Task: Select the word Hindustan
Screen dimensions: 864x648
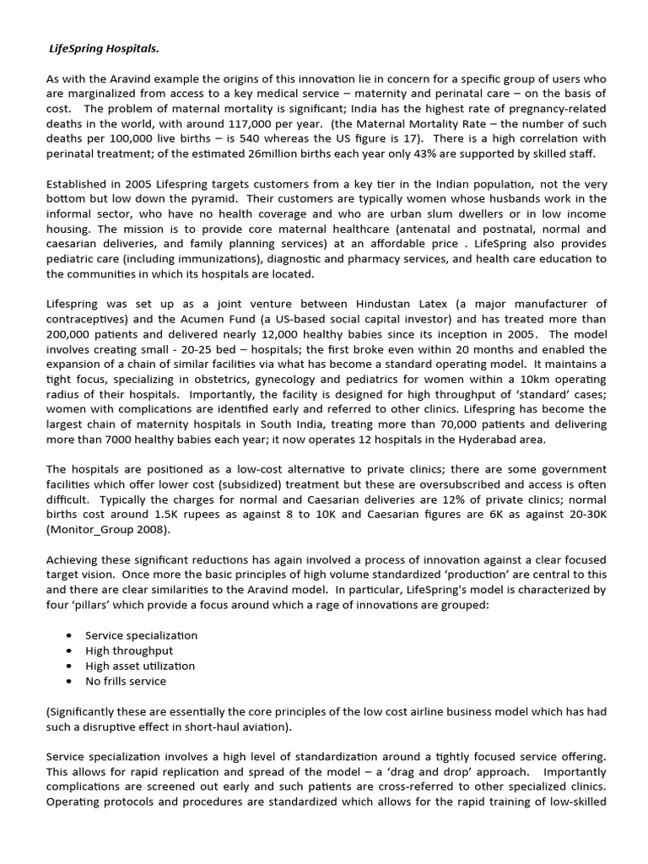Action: coord(410,303)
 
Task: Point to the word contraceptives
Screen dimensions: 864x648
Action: coord(89,318)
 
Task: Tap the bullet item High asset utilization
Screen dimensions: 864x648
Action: coord(139,666)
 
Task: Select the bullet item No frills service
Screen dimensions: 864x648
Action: coord(126,681)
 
